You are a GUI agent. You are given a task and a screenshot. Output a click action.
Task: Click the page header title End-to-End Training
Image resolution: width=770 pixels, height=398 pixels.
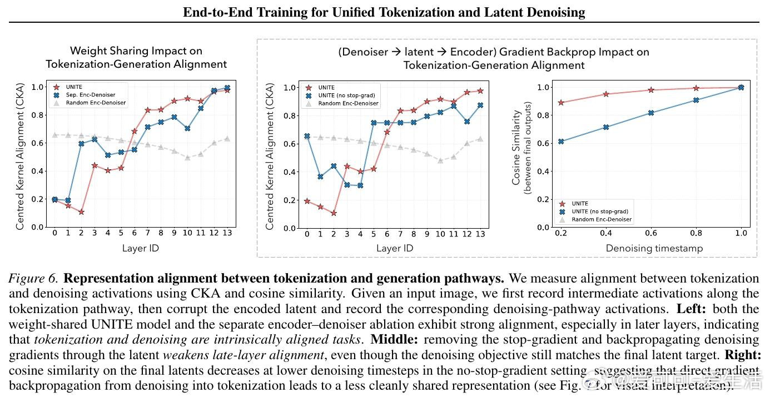click(384, 12)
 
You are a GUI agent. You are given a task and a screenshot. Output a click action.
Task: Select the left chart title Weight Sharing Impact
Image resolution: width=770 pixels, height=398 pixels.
click(136, 51)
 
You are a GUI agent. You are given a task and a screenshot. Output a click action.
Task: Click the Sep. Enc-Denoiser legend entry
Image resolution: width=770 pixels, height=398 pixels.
click(92, 95)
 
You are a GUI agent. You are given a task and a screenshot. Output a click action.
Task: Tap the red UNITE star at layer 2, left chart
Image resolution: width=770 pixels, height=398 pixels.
click(81, 212)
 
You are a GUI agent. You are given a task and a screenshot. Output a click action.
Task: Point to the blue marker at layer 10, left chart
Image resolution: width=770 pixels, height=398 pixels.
click(187, 128)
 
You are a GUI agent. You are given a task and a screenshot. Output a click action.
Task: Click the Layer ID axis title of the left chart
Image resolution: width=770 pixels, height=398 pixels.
click(140, 248)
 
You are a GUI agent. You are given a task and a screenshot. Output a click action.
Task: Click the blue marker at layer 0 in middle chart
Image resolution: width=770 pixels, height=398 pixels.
click(307, 136)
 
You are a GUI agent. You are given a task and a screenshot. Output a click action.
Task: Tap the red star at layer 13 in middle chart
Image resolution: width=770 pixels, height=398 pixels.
click(480, 90)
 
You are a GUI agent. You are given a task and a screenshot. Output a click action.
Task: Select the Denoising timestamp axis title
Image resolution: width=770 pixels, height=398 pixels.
click(654, 248)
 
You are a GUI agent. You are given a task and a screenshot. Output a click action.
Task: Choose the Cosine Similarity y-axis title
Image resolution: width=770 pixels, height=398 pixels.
click(516, 147)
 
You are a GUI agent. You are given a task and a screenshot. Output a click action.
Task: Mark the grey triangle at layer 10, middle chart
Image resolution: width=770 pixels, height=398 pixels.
click(440, 160)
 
